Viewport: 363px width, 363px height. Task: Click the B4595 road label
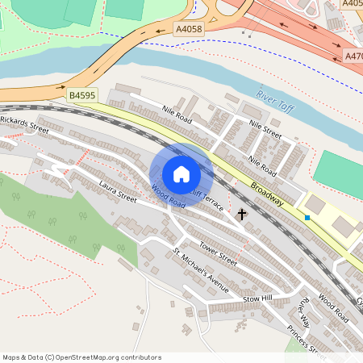tap(82, 95)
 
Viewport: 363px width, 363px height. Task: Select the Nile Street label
tap(265, 129)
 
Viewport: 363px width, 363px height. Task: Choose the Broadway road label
tap(266, 194)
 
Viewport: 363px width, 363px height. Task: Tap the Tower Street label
tap(218, 256)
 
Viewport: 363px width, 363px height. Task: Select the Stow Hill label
tap(259, 299)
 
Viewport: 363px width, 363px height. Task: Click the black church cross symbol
tap(241, 215)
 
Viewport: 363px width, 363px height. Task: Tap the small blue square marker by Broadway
tap(307, 217)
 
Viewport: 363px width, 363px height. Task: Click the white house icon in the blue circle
tap(181, 173)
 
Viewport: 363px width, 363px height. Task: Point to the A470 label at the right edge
tap(353, 56)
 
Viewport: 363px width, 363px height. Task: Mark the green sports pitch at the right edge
tap(337, 173)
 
